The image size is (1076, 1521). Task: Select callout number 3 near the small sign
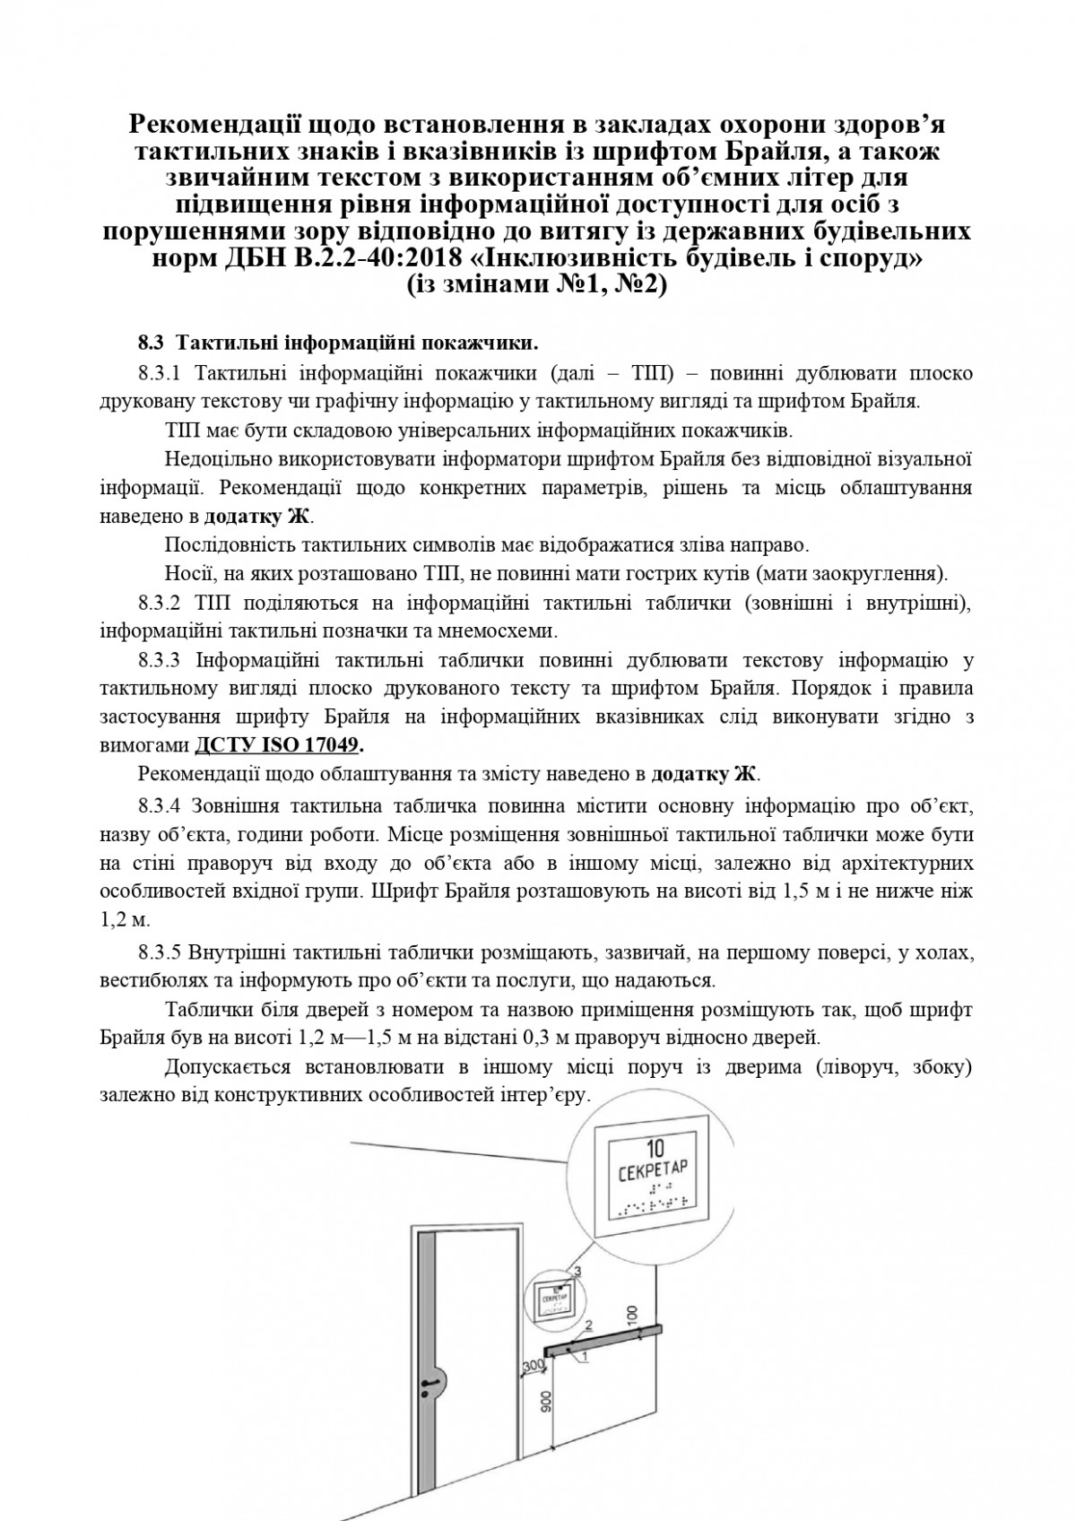[578, 1272]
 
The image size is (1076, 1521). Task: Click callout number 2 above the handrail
[589, 1323]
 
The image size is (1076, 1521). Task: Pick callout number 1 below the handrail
[584, 1358]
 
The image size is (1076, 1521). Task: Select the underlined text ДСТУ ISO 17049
[278, 745]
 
